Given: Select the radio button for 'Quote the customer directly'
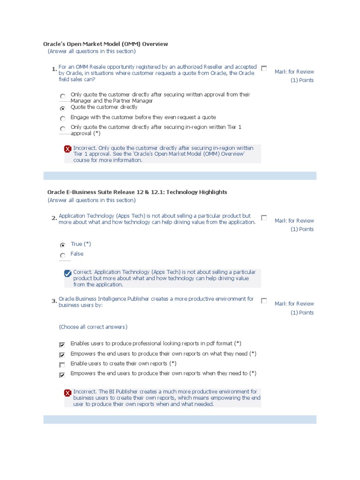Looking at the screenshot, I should pos(63,108).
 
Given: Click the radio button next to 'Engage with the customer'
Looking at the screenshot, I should pos(63,118).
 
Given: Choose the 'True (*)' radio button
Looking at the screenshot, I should pos(63,245).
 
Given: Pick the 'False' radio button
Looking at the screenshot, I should pos(63,255).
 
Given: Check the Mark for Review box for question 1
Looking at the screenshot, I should pos(264,68).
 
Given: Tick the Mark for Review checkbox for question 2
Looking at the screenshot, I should pos(264,217).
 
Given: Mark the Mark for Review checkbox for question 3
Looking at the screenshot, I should pos(264,300).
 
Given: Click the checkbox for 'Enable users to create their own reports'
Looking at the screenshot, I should pos(62,364).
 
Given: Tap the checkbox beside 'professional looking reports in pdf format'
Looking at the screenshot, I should pos(62,345).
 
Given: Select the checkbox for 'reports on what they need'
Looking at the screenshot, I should pos(62,355).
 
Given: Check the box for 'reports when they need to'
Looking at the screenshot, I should pos(62,375).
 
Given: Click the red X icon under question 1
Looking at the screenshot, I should pos(67,149).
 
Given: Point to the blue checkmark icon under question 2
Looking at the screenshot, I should pos(67,273).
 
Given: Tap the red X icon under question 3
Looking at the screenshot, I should pos(67,392).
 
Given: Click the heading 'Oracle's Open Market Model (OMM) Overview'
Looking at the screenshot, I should pos(105,44).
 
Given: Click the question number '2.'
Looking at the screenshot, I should pos(54,218).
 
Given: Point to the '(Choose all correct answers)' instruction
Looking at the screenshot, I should pos(93,327).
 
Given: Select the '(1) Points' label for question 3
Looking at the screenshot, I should pos(302,313).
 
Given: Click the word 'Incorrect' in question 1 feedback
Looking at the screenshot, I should pos(84,148).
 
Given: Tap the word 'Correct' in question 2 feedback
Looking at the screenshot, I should pos(83,272).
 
